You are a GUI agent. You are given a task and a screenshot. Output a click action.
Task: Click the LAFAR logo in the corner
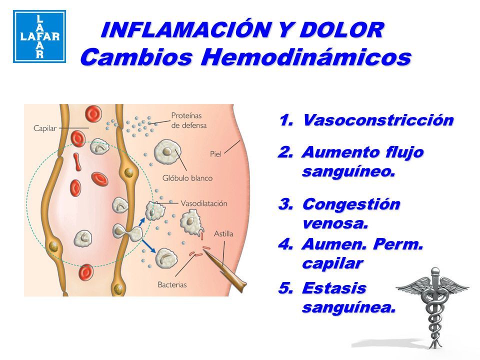(38, 36)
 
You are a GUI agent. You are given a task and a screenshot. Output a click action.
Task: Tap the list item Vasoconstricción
(378, 120)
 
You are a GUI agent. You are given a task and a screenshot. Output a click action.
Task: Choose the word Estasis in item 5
(334, 288)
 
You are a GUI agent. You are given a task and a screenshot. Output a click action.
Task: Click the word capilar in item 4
(332, 263)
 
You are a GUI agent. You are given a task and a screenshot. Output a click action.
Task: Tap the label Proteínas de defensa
(189, 119)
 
